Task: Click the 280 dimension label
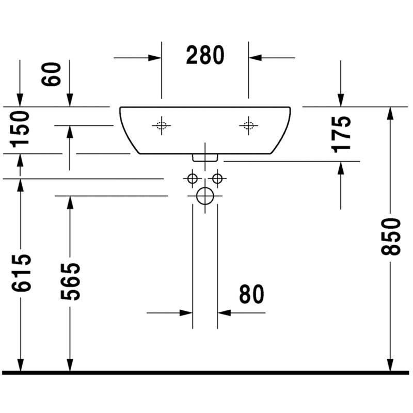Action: point(205,55)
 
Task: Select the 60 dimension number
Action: point(51,74)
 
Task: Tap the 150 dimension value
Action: point(20,129)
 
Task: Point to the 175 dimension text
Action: point(341,134)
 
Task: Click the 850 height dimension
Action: point(391,236)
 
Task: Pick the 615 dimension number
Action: point(21,273)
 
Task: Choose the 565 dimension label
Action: point(70,281)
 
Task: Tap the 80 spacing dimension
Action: point(251,294)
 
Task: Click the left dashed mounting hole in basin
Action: point(162,125)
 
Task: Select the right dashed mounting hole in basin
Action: point(248,125)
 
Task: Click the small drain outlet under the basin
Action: point(205,157)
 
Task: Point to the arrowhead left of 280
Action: point(154,58)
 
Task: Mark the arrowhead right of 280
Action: point(255,58)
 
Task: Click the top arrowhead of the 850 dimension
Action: point(391,113)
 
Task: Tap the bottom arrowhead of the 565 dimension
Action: point(70,365)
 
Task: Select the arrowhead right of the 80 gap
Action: point(224,313)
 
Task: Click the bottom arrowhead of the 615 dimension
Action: point(21,365)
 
